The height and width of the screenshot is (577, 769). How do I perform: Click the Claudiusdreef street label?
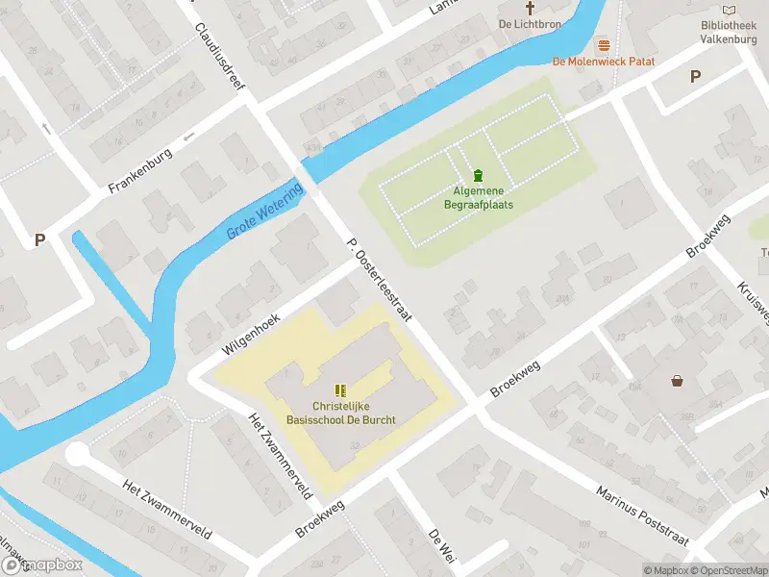[220, 58]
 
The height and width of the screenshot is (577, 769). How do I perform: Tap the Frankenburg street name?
[140, 170]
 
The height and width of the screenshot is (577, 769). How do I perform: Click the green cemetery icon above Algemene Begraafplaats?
[478, 175]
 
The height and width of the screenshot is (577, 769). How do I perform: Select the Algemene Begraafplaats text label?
[478, 198]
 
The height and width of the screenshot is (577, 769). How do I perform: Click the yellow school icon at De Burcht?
[340, 389]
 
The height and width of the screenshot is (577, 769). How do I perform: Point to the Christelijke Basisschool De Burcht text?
[340, 414]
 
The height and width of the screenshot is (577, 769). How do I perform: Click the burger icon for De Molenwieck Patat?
[604, 44]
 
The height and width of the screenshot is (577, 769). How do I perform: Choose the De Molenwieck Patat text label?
[604, 62]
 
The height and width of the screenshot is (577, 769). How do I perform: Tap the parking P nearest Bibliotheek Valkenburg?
[695, 77]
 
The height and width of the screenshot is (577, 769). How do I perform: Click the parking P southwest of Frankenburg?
[39, 240]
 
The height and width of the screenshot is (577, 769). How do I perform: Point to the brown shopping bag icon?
[678, 381]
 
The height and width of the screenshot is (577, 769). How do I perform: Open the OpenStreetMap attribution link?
[727, 569]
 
